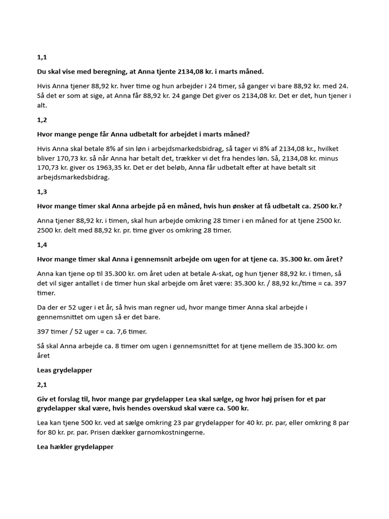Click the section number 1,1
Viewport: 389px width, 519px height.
42,57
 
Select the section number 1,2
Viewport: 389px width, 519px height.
42,120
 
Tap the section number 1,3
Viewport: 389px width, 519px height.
42,192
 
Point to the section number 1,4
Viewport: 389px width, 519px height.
42,245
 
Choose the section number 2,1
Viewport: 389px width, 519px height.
42,385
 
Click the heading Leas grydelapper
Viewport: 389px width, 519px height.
65,370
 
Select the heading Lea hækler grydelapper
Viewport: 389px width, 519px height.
75,447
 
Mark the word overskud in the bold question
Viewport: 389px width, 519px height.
192,409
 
